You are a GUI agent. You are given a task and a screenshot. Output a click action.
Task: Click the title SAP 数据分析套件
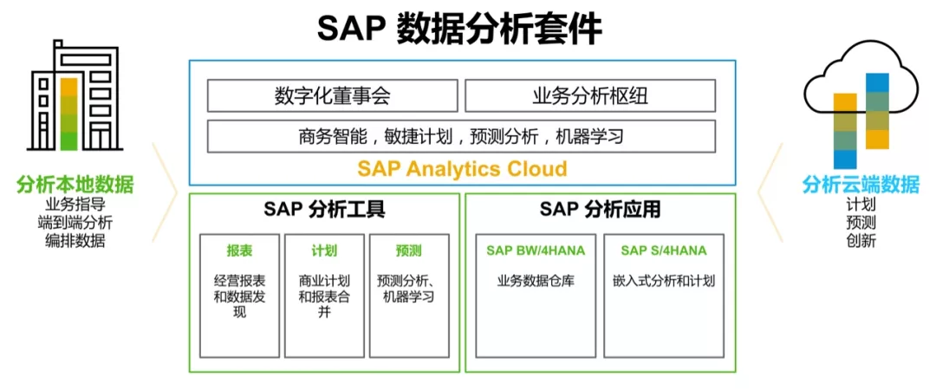(x=459, y=29)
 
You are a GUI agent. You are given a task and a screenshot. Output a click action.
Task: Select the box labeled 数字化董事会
(x=332, y=96)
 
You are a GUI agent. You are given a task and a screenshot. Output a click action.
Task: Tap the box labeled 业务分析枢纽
(x=589, y=96)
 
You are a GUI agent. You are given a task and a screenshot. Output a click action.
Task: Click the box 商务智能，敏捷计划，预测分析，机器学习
(x=460, y=136)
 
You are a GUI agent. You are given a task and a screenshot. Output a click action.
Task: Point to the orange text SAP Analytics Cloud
(x=462, y=168)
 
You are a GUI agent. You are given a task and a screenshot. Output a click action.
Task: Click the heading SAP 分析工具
(x=324, y=210)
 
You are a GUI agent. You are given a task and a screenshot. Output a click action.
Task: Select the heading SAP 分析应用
(x=600, y=210)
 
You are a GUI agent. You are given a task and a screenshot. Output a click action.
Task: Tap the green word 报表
(x=239, y=251)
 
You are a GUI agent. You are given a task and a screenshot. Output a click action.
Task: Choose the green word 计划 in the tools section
(x=324, y=251)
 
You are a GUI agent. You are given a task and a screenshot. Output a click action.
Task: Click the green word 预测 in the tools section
(x=408, y=251)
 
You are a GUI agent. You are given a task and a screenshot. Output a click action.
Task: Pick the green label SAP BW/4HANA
(x=535, y=251)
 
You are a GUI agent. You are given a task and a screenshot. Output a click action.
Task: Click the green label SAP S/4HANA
(x=663, y=251)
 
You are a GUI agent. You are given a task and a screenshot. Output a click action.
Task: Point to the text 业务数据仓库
(x=536, y=281)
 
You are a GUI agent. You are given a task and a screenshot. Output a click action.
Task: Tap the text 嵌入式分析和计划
(x=664, y=281)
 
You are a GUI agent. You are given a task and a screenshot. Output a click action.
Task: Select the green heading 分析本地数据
(x=75, y=184)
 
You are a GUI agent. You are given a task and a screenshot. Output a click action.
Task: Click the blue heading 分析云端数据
(x=861, y=184)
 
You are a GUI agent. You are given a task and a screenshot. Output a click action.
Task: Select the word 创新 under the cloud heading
(x=861, y=240)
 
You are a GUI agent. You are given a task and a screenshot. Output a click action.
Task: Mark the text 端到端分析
(x=75, y=223)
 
